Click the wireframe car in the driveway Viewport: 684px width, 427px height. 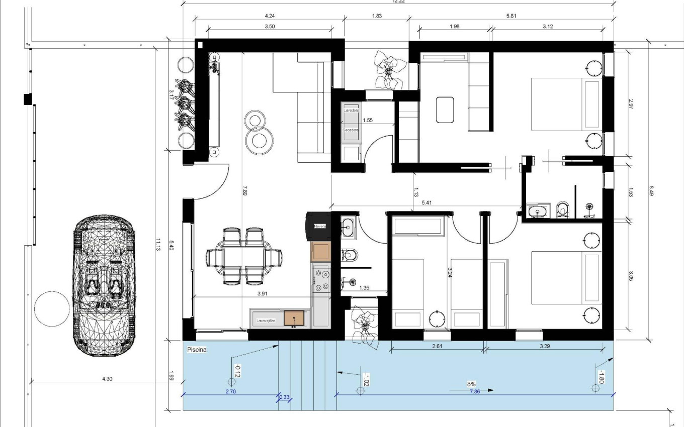(x=104, y=286)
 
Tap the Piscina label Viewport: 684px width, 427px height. (x=197, y=349)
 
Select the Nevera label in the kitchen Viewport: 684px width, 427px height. (x=320, y=227)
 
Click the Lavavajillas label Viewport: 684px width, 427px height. (x=266, y=320)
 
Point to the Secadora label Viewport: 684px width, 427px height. (x=351, y=130)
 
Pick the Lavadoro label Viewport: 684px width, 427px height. (x=351, y=110)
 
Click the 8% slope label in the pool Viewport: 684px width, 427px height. (x=471, y=384)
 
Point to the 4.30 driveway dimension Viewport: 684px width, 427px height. (x=107, y=379)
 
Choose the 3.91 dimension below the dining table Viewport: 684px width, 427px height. (x=262, y=294)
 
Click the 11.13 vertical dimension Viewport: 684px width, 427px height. (x=158, y=244)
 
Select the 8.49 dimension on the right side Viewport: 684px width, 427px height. (x=651, y=191)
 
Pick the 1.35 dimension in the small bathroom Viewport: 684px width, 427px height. (x=364, y=288)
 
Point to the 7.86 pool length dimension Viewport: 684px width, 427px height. (x=474, y=391)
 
